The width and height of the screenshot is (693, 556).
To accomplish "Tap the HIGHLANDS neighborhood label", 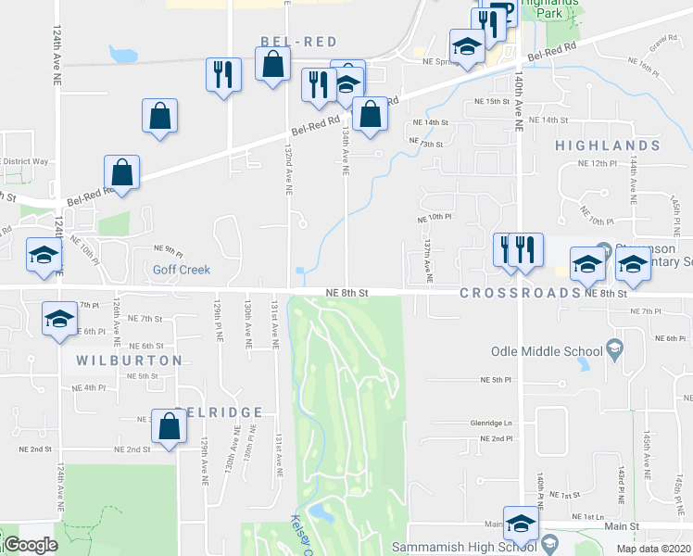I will coord(608,145).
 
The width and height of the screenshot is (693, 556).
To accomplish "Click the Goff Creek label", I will coord(182,270).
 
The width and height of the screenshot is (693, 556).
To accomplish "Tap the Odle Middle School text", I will coord(547,351).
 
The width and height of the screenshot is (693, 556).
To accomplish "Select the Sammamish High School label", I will coord(465,547).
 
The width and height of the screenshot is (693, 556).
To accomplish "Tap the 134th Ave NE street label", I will coord(345,151).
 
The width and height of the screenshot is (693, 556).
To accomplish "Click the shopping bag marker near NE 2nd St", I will coord(169,427).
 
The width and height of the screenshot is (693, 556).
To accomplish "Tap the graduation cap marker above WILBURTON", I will coord(59,319).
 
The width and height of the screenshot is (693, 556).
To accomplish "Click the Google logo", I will coord(31,545).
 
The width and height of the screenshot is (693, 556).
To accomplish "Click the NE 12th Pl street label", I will coord(597,163).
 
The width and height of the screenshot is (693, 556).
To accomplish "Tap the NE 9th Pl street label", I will coord(169,250).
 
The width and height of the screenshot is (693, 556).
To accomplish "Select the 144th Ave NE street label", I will coord(634,180).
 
